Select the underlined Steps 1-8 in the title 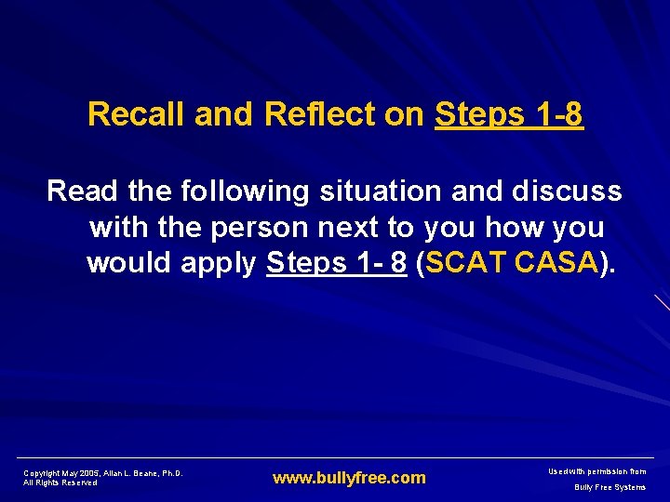(x=509, y=114)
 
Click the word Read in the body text (x=81, y=192)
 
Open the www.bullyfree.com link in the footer (x=348, y=478)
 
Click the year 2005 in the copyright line (x=88, y=473)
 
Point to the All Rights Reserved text (x=60, y=483)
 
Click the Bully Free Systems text (x=610, y=487)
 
